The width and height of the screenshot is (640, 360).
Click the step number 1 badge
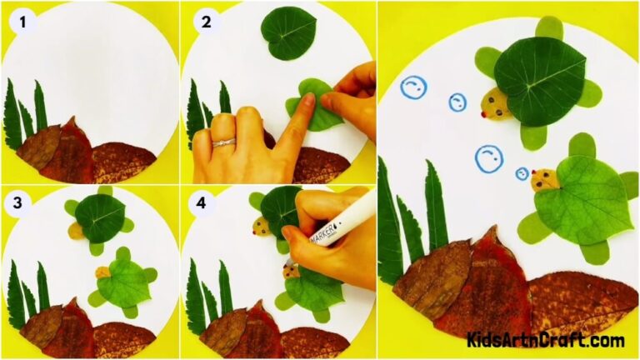(x=22, y=22)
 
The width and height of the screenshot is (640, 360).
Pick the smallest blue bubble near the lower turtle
(x=522, y=174)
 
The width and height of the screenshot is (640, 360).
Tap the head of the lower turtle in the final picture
(x=544, y=178)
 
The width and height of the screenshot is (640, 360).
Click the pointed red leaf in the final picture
(x=492, y=287)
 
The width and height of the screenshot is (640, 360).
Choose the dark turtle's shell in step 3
(x=99, y=216)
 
